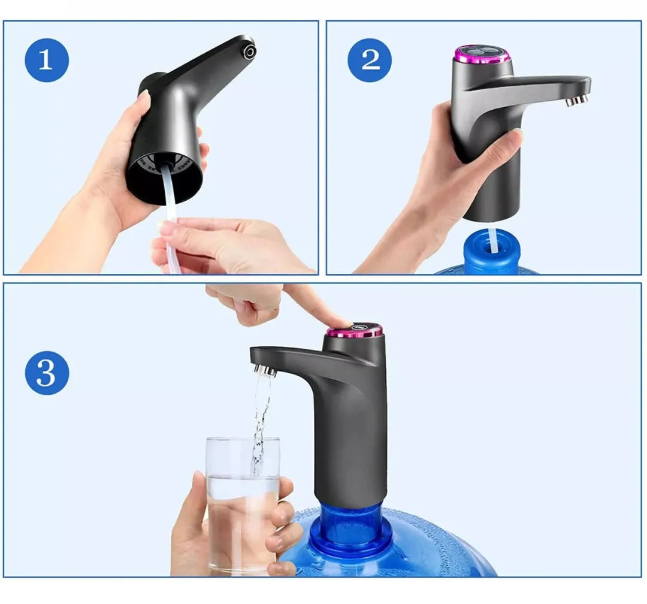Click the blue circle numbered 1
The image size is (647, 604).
(47, 61)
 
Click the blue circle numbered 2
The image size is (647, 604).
(370, 61)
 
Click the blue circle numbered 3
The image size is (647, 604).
(47, 373)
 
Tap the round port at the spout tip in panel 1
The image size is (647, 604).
(249, 52)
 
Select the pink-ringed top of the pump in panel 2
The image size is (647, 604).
(482, 54)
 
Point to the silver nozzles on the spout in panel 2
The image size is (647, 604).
(577, 100)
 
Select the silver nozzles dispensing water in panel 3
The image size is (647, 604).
(265, 370)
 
